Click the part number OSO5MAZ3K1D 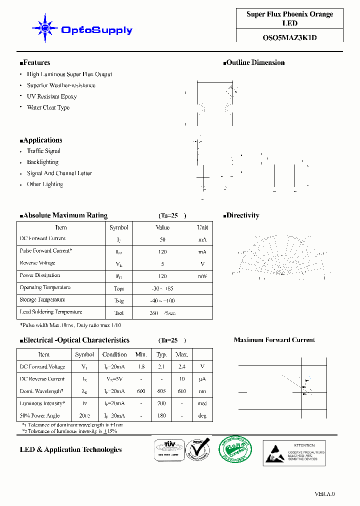coord(289,36)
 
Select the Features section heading coord(35,62)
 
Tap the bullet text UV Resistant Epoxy coord(51,96)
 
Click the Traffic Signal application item coord(43,151)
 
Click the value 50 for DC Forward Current coord(162,240)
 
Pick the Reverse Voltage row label coord(37,263)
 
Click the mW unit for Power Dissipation coord(202,276)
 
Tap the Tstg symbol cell coord(118,301)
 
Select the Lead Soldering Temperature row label coord(50,312)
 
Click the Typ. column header coord(161,354)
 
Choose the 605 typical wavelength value coord(161,391)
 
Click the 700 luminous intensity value coord(161,403)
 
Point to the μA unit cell coord(202,379)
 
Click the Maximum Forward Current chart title coord(274,340)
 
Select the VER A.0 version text coord(324,494)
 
